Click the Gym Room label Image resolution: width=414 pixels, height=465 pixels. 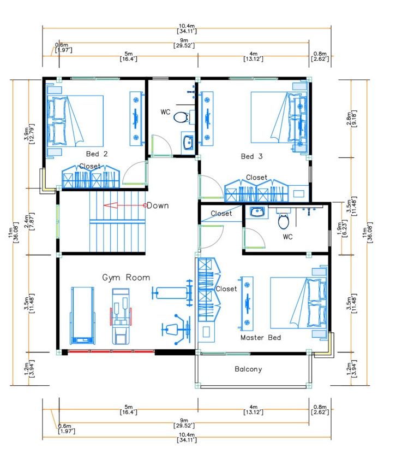pos(126,278)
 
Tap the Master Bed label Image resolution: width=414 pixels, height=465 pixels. pos(261,338)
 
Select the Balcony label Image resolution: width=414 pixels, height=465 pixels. pos(248,369)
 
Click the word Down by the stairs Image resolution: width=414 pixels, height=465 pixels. pos(158,205)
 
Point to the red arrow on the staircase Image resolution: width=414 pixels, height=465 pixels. pos(125,205)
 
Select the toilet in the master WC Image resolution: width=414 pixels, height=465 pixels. pos(283,220)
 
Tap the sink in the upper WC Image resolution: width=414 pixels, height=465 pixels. pos(188,143)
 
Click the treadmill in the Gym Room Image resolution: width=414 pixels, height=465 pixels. pos(82,315)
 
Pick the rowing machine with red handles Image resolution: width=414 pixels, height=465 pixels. pos(121,316)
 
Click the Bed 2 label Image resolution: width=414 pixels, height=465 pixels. pos(97,154)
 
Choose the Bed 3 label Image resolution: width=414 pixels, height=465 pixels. pos(251,156)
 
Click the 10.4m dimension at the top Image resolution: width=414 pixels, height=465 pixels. pos(187,28)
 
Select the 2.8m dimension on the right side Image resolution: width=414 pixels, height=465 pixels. pos(351,119)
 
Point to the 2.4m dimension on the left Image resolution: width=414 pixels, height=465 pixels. pos(29,221)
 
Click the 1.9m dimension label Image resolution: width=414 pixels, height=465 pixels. pos(342,228)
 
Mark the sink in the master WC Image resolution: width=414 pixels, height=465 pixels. pos(257,212)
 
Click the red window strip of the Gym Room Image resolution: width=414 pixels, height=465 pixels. pos(111,352)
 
